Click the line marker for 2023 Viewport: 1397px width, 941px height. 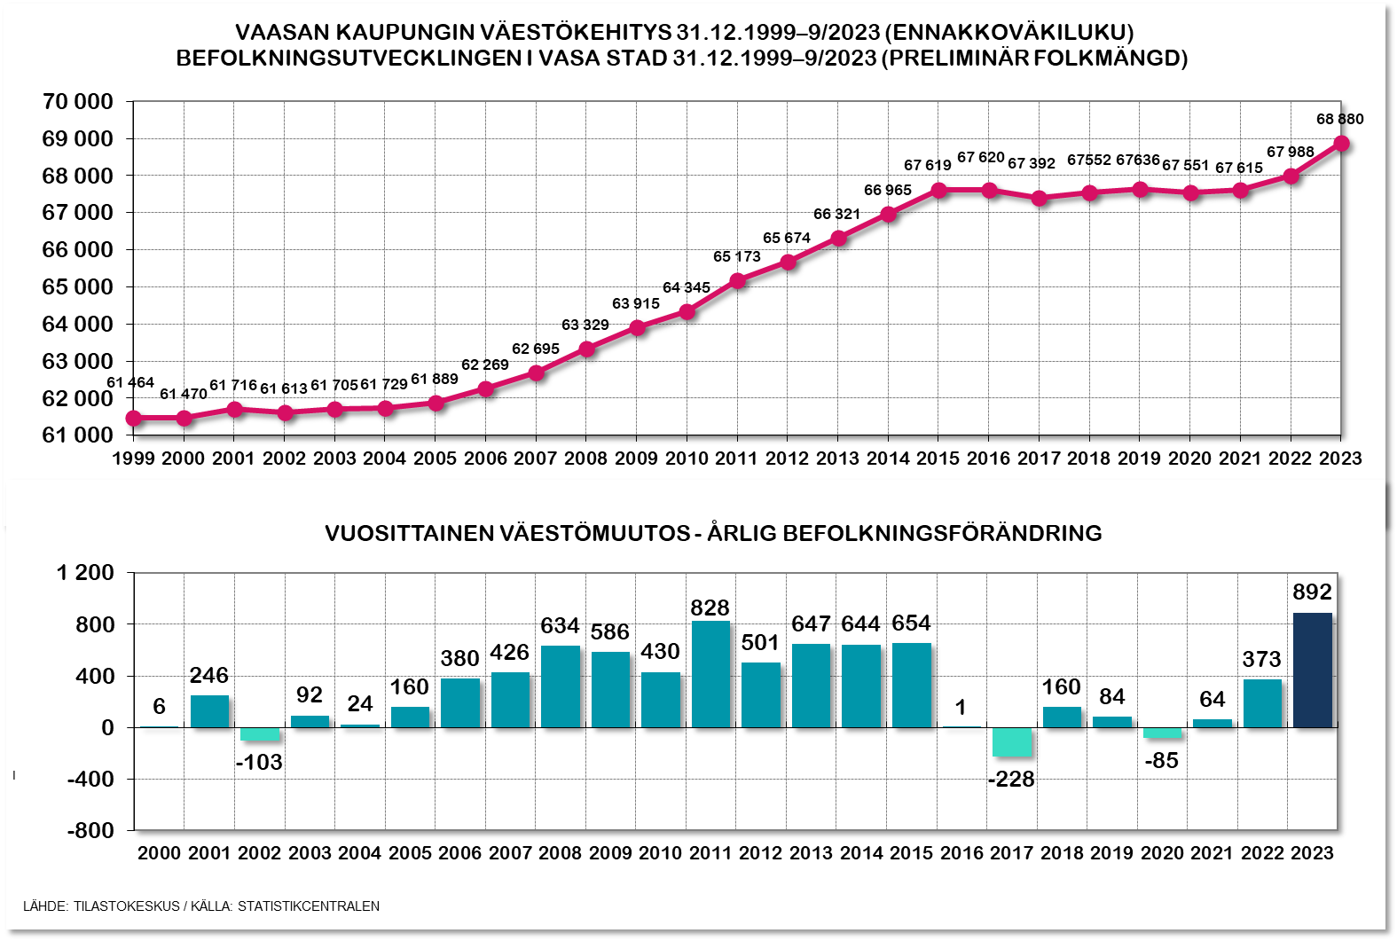(1341, 144)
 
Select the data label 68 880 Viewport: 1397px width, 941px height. (1339, 119)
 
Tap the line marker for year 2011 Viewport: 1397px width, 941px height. (737, 280)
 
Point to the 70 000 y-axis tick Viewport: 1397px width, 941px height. (78, 102)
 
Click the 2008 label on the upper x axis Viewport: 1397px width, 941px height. (585, 459)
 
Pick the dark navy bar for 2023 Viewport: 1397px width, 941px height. (1313, 670)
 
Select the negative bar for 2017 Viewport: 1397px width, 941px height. (1012, 742)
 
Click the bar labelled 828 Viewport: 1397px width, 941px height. (710, 674)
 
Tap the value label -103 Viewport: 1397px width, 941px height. (259, 762)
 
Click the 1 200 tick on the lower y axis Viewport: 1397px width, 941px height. (85, 573)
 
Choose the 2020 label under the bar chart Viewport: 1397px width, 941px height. (1162, 853)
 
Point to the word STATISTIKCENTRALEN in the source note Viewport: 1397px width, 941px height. (308, 906)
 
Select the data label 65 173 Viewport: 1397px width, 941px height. (737, 256)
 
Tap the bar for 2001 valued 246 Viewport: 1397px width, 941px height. (209, 711)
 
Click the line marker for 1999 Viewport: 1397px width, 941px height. (134, 418)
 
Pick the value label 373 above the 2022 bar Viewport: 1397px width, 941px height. (1261, 659)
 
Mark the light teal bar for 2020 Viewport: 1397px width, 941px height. (1162, 733)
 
